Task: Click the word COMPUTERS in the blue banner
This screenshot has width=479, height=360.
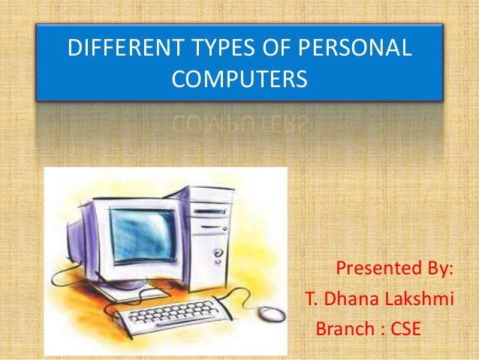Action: click(x=239, y=79)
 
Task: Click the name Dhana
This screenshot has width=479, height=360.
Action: click(x=353, y=299)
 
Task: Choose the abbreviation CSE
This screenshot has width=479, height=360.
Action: click(x=406, y=329)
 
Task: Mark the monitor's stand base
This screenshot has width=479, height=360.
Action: click(x=135, y=290)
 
